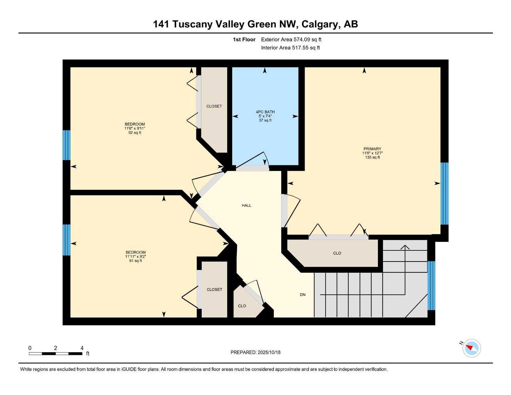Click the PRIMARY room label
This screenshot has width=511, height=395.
[x=372, y=149]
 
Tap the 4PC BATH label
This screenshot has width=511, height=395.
[x=265, y=112]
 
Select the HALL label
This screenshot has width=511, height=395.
[x=246, y=206]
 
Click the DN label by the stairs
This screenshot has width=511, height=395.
[x=303, y=295]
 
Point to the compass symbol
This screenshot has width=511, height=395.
[x=471, y=348]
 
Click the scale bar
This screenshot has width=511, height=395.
[x=56, y=353]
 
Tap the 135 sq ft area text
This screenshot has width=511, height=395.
[x=372, y=157]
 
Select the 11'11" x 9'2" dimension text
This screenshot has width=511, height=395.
[x=135, y=257]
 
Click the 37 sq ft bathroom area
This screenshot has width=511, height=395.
[x=265, y=120]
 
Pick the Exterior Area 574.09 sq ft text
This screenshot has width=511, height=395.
[x=291, y=39]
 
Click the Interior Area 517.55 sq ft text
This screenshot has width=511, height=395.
[x=290, y=48]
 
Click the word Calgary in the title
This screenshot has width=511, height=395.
[x=320, y=24]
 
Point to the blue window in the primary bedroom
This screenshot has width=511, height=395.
[x=444, y=193]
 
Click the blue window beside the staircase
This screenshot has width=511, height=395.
[x=431, y=285]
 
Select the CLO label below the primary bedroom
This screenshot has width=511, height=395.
[x=337, y=253]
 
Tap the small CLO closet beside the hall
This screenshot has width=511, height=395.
[x=242, y=306]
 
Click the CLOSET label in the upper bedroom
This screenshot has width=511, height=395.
[x=214, y=106]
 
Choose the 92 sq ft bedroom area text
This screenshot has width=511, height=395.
[x=135, y=133]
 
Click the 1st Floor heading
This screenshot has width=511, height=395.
[x=244, y=39]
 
